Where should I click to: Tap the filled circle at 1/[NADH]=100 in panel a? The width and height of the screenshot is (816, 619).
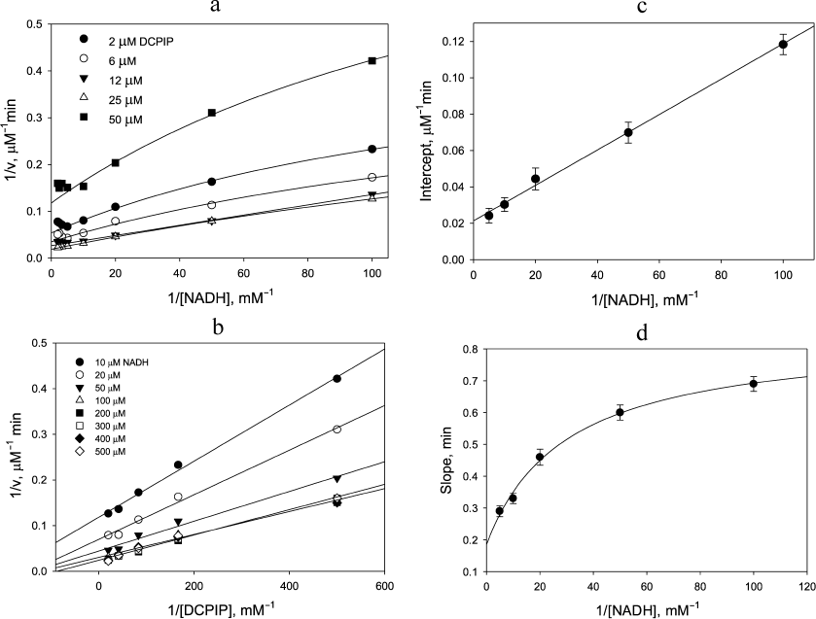point(372,149)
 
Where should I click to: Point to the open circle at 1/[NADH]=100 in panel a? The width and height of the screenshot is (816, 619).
point(372,177)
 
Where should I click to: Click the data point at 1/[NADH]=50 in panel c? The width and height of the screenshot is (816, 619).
point(628,132)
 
